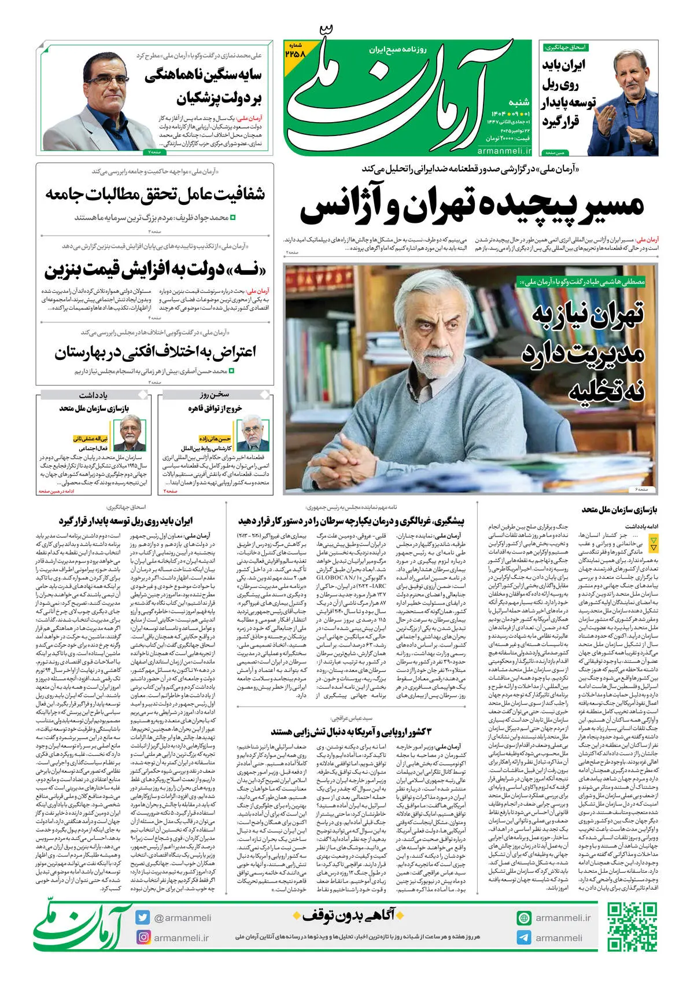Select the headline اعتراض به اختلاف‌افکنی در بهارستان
pyautogui.click(x=155, y=352)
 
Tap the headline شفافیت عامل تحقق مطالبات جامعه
pyautogui.click(x=155, y=194)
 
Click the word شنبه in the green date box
pyautogui.click(x=518, y=102)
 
